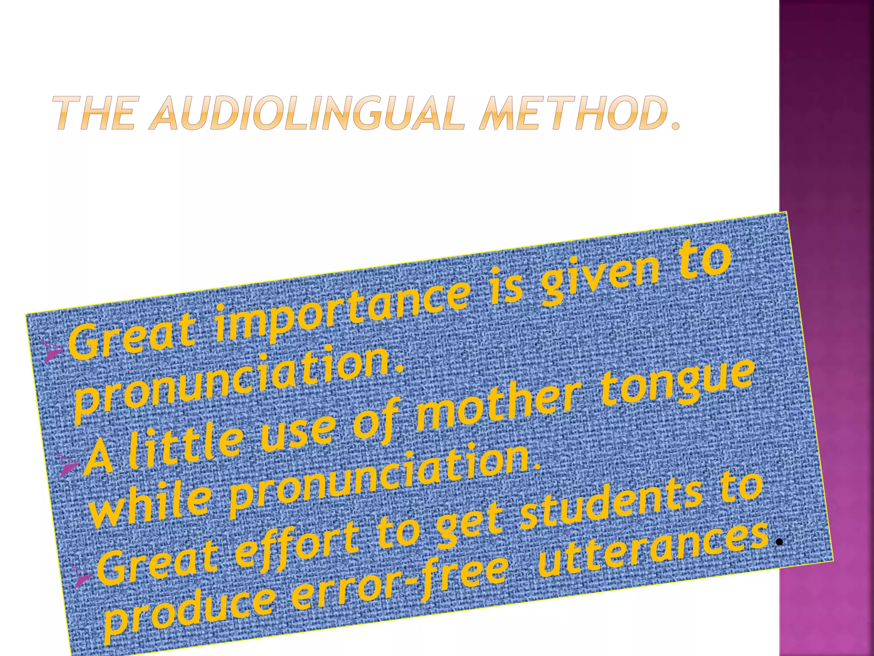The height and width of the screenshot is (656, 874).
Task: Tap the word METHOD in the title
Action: coord(572,113)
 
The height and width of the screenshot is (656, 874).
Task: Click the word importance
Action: coord(341,312)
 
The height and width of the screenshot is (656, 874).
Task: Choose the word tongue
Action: coord(676,384)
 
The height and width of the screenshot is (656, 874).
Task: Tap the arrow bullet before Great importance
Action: coord(53,352)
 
